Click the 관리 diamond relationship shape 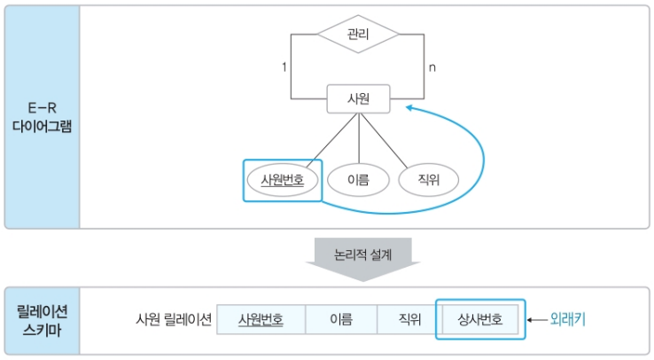[x=358, y=37]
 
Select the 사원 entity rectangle [x=358, y=99]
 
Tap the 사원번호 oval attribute [x=282, y=180]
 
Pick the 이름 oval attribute [x=358, y=180]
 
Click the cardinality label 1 [x=284, y=67]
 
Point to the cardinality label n [x=432, y=67]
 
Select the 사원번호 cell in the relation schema [x=261, y=319]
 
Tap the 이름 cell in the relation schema [x=340, y=319]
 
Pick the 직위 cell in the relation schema [x=409, y=319]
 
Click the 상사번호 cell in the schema [x=479, y=319]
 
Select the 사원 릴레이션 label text [x=174, y=319]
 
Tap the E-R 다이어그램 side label [x=42, y=117]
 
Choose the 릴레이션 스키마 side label [x=42, y=320]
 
